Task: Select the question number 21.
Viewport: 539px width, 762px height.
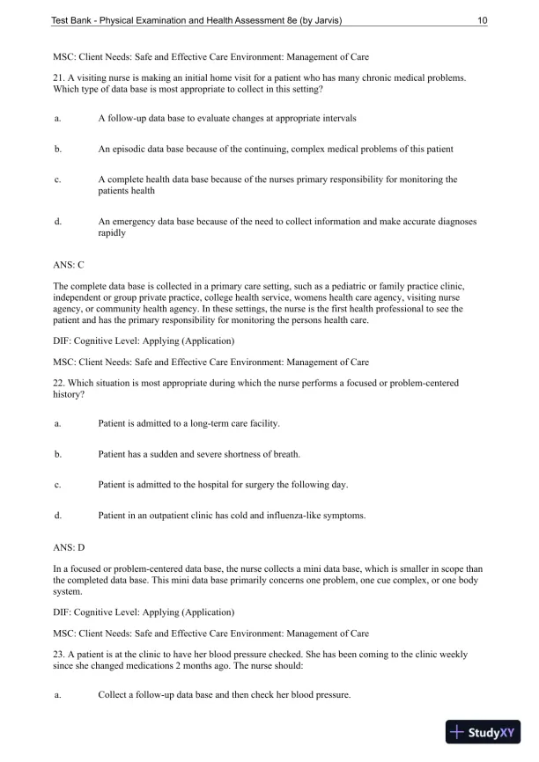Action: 59,78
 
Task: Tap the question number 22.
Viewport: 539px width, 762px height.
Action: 59,383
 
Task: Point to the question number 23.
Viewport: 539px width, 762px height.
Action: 59,655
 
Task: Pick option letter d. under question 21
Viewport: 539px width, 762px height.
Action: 57,222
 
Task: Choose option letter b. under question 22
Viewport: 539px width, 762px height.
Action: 57,455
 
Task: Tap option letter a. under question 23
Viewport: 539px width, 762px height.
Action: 57,696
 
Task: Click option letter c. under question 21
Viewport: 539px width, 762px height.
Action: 57,180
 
